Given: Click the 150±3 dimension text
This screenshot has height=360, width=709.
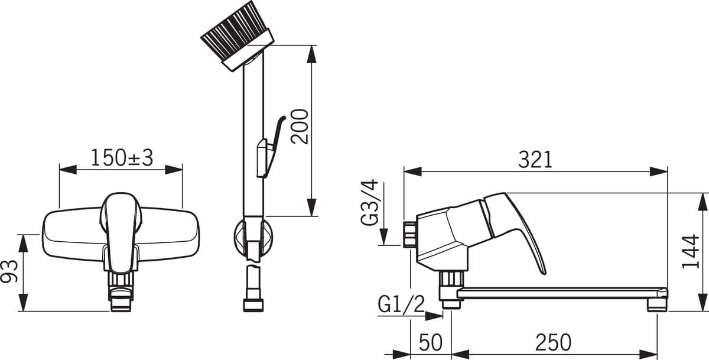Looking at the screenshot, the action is pyautogui.click(x=122, y=158).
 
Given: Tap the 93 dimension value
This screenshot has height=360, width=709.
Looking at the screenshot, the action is pyautogui.click(x=9, y=271).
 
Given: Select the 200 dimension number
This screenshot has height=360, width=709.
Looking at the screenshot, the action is pyautogui.click(x=300, y=127).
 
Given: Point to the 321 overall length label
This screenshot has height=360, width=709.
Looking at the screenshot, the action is pyautogui.click(x=535, y=160).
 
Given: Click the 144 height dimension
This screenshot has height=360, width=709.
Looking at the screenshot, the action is pyautogui.click(x=690, y=251).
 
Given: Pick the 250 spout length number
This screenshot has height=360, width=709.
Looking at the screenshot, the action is pyautogui.click(x=553, y=342).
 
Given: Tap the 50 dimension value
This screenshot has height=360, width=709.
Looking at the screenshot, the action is pyautogui.click(x=431, y=342).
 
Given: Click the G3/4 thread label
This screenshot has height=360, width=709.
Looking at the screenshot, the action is pyautogui.click(x=370, y=203).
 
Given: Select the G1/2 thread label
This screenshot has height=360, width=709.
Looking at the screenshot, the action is pyautogui.click(x=401, y=304).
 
